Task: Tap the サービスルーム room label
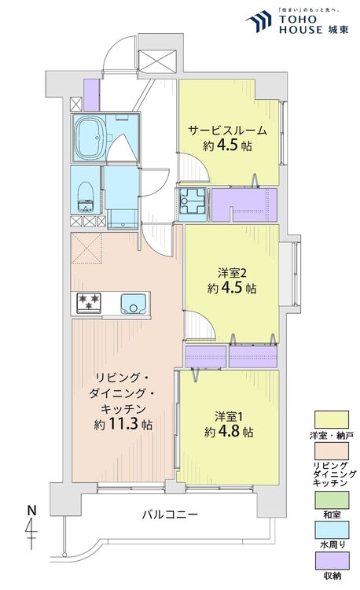click(226, 131)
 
